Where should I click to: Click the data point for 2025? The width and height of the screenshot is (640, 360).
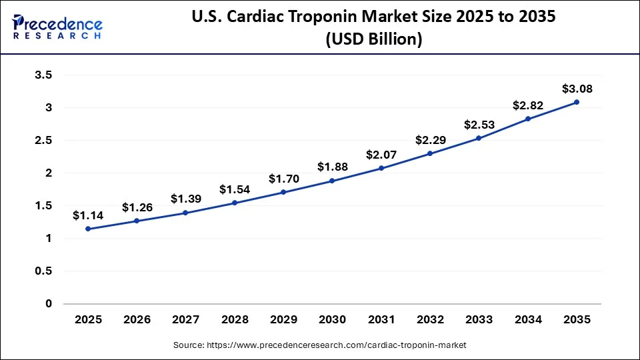point(88,229)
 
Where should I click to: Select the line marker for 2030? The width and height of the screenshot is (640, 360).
point(332,181)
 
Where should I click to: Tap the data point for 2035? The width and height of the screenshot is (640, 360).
point(577,102)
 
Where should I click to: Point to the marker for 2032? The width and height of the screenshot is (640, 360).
point(430,153)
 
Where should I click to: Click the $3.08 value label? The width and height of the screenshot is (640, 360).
point(577,89)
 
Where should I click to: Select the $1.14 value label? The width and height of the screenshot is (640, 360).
point(88,215)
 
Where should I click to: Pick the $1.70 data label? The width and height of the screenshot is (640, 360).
point(283,179)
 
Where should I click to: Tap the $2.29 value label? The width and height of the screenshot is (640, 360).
point(430,141)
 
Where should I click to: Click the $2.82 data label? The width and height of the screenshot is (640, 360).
point(528,105)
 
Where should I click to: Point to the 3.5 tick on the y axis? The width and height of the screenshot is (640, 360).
point(43,75)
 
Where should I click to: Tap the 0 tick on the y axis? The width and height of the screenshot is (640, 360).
point(48,303)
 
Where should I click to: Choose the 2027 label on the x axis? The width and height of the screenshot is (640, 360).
point(185,320)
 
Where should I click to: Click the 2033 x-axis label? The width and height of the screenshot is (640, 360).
point(479,320)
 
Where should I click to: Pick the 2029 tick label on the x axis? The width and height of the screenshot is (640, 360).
point(283,320)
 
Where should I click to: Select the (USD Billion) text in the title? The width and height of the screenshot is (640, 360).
point(373,39)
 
